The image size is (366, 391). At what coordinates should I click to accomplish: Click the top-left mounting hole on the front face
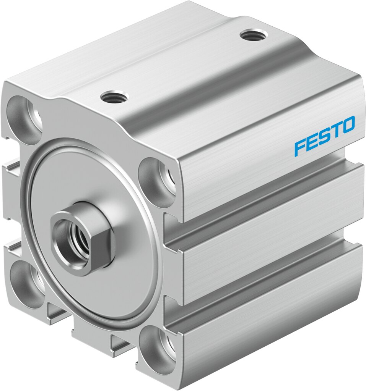[x=25, y=115]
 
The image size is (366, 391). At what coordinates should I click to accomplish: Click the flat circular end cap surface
[x=115, y=283]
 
